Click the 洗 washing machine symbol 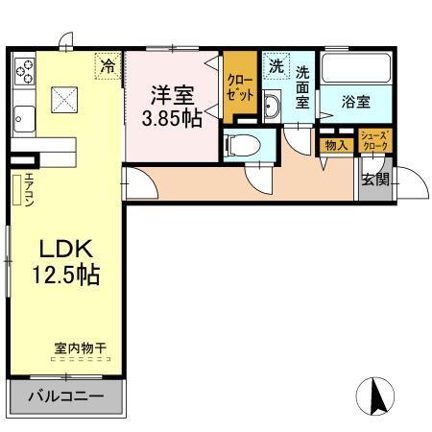point(276,66)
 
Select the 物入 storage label point(336,145)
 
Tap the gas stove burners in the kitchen point(24,69)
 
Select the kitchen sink point(23,119)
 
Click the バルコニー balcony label point(64,396)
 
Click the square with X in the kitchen point(65,99)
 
